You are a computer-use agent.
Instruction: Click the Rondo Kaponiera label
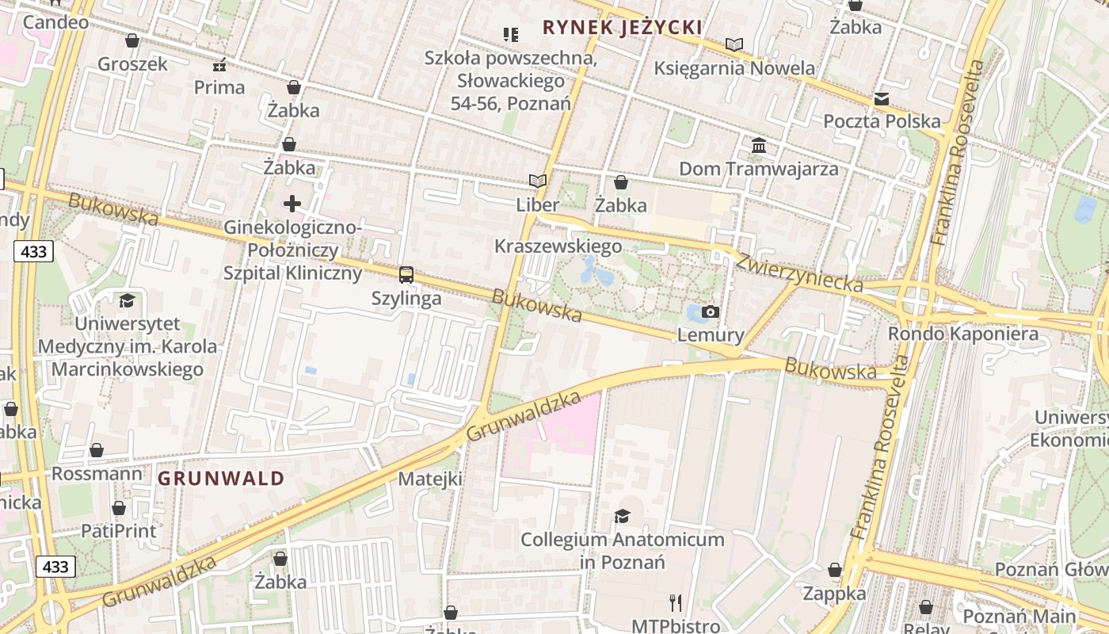[962, 334]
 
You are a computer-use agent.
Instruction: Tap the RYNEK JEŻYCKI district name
[623, 28]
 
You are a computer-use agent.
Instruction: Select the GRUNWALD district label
[221, 478]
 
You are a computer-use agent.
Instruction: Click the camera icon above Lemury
[710, 311]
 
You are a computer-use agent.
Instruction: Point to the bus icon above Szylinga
[406, 275]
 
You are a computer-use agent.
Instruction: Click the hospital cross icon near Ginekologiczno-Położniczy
[292, 204]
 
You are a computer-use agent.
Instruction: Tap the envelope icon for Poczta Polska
[882, 99]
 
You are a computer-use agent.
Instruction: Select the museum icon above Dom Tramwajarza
[759, 145]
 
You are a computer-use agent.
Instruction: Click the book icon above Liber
[538, 181]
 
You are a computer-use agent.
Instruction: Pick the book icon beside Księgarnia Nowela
[734, 45]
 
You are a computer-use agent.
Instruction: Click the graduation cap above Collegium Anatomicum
[622, 516]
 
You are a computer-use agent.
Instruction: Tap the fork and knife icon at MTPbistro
[676, 603]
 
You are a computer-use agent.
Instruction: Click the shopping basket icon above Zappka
[835, 570]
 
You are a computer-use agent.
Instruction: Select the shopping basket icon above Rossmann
[97, 451]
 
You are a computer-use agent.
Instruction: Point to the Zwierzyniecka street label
[798, 272]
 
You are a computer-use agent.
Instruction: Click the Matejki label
[429, 479]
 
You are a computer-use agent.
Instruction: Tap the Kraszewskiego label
[558, 246]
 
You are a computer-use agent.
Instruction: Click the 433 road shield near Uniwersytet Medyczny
[32, 252]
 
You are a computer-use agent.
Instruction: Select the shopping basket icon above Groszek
[132, 40]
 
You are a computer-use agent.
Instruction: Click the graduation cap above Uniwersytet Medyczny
[127, 300]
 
